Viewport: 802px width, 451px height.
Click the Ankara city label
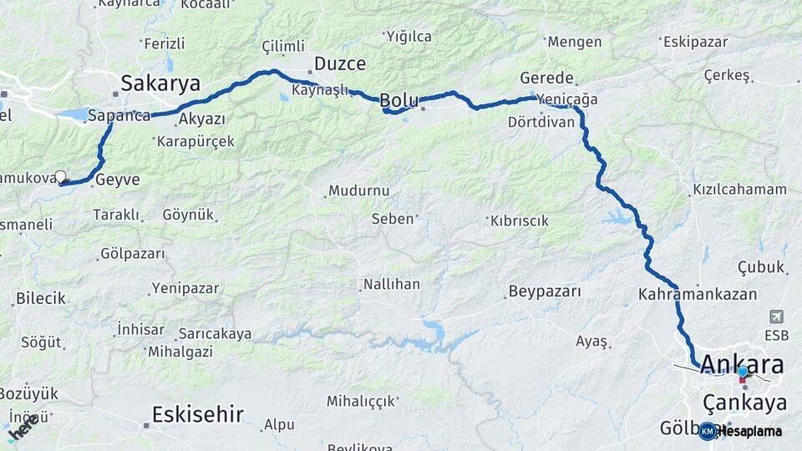742,364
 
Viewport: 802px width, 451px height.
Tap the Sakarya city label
160,83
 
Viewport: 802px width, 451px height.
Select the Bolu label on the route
399,100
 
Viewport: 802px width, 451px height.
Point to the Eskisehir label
198,413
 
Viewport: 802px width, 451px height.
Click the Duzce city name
340,63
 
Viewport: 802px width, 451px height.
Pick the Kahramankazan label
697,294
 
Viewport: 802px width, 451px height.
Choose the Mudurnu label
358,190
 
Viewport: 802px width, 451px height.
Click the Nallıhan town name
391,285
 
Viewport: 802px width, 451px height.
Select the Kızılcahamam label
739,190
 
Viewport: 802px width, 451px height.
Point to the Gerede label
546,78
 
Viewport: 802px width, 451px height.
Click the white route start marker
60,176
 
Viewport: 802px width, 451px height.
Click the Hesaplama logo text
751,431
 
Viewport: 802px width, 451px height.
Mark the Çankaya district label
744,403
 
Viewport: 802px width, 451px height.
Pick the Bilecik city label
41,298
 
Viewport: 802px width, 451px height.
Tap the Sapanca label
119,115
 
